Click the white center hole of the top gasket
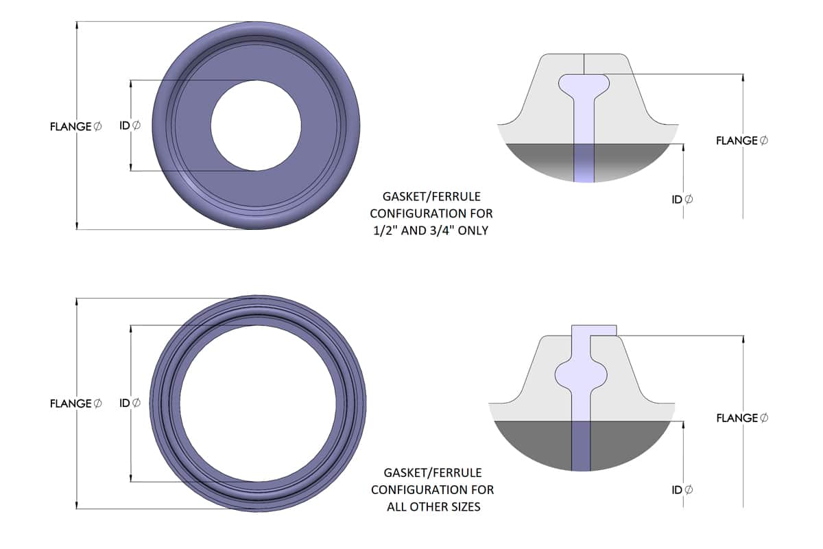256,126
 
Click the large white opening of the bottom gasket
258,404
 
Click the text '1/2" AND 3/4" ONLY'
431,231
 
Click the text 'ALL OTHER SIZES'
433,506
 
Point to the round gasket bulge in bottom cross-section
581,375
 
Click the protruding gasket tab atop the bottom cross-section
594,331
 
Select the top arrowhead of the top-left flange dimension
77,25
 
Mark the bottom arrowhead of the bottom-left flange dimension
77,505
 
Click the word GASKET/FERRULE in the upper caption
431,197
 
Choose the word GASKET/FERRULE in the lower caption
433,473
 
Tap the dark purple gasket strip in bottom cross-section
581,445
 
